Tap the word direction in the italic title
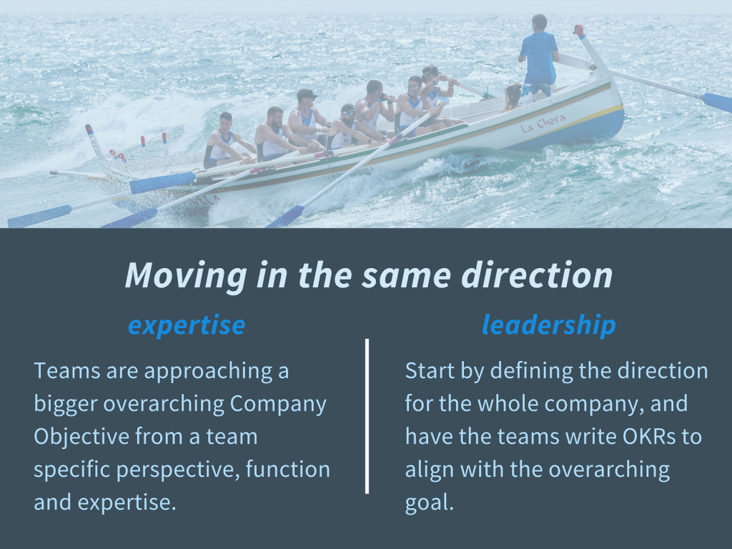click(537, 275)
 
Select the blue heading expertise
click(187, 326)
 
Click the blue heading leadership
click(549, 325)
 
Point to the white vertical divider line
click(367, 416)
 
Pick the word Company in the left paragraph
click(278, 405)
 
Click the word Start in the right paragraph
click(430, 371)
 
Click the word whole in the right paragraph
click(506, 404)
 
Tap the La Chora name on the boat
click(543, 123)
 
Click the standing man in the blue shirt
click(539, 58)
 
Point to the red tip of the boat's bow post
click(579, 30)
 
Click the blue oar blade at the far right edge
click(717, 102)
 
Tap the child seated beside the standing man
click(512, 98)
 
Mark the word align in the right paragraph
click(430, 470)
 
